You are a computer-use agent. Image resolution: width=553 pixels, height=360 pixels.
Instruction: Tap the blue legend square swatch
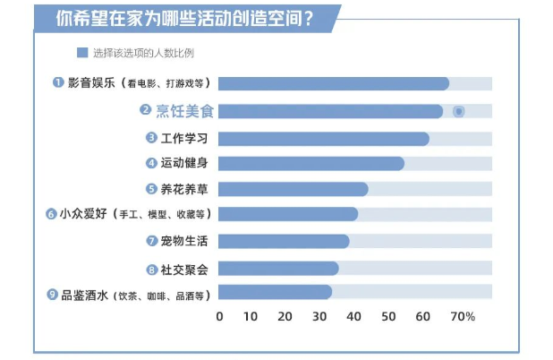point(81,52)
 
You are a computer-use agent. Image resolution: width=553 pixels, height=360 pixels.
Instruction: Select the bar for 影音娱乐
point(333,83)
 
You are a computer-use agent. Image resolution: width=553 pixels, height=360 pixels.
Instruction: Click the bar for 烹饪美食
point(330,111)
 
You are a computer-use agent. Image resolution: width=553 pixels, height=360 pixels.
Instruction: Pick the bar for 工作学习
point(323,139)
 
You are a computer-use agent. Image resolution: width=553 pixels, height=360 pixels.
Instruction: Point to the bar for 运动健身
point(311,163)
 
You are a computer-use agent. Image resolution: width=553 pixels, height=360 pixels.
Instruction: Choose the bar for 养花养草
point(293,189)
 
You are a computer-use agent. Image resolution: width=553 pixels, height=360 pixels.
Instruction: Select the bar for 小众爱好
point(287,214)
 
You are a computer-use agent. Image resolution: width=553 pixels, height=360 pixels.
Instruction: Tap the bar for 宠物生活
point(283,241)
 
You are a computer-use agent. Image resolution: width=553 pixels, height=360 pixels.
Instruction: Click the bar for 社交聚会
point(277,268)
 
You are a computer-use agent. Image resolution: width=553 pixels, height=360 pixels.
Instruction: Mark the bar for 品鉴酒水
point(275,292)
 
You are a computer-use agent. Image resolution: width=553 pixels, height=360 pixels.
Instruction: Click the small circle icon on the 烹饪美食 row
point(458,111)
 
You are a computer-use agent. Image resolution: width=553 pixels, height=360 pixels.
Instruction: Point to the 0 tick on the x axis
point(219,316)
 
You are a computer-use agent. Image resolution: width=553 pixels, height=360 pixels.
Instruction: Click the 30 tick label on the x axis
point(319,316)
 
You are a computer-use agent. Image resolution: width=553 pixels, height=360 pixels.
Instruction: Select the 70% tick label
point(463,316)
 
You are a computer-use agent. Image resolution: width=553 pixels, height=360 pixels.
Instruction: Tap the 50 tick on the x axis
point(387,316)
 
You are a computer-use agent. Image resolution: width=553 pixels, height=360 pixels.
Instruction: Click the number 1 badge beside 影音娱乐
point(58,82)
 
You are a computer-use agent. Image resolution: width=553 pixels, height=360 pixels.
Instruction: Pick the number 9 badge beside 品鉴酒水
point(53,294)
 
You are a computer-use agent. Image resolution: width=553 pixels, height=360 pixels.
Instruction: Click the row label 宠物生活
point(184,242)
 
